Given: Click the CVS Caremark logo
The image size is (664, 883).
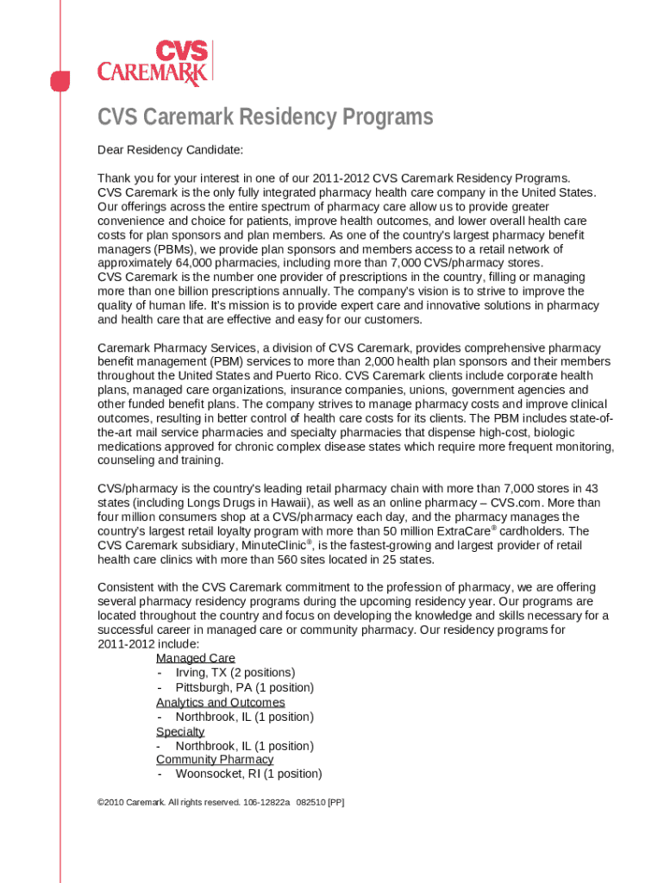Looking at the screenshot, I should pos(154,63).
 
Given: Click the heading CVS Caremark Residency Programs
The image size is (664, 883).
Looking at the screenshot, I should pos(265,117).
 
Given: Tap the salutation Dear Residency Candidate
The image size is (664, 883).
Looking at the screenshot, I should pos(170,150).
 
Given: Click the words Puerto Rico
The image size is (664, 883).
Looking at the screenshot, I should pos(343,376).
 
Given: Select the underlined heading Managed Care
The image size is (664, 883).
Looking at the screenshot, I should pos(195,658).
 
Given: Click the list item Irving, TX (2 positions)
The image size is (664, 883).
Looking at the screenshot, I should pos(235,673).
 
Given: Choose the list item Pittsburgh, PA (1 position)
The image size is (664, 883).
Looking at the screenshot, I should pos(244,687).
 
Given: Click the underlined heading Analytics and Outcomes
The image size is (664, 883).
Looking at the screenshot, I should pos(220,702).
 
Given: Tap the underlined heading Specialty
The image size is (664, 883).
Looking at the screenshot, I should pos(180,731).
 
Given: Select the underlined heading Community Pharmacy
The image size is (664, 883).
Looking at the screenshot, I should pos(215,760).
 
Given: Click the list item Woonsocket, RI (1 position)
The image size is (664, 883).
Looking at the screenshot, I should pos(248,774).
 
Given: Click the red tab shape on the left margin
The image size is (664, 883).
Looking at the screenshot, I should pos(59,81).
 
